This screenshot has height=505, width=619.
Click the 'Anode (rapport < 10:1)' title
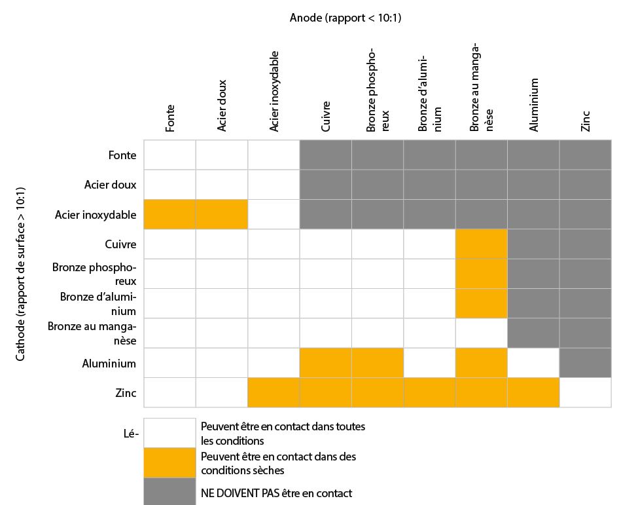345,18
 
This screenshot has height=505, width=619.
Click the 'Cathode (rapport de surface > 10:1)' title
20,274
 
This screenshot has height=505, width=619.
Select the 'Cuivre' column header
326,116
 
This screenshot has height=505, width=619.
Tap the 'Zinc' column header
586,121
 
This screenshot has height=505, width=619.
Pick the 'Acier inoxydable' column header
274,91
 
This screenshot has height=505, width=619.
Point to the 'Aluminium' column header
534,105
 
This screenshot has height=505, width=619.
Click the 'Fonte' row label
122,155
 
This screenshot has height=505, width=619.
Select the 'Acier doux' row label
110,185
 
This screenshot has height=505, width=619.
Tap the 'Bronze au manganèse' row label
92,333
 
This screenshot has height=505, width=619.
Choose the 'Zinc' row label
126,393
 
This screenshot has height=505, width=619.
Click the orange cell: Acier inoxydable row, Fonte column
169,214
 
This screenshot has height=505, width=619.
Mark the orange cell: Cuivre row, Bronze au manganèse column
481,244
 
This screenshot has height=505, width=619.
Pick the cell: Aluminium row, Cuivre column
326,363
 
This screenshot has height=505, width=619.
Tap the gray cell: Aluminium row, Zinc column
585,363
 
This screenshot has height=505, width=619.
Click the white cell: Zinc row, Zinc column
585,392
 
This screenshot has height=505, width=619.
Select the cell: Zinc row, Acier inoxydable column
274,392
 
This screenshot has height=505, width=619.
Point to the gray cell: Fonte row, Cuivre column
326,155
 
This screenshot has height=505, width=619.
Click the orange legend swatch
169,462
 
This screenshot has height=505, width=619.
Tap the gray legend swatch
169,491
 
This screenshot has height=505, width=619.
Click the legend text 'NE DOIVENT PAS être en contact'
276,493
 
